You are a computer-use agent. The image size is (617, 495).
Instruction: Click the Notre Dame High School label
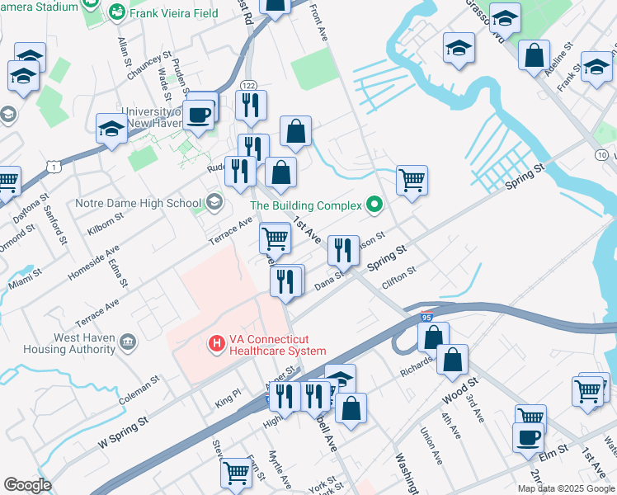click(x=138, y=203)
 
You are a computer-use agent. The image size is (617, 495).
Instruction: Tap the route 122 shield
click(x=248, y=86)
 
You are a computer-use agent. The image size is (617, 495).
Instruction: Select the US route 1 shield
click(x=53, y=167)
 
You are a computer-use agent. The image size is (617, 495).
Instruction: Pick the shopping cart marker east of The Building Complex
click(x=411, y=179)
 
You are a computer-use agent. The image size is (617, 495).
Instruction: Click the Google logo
click(x=27, y=485)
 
